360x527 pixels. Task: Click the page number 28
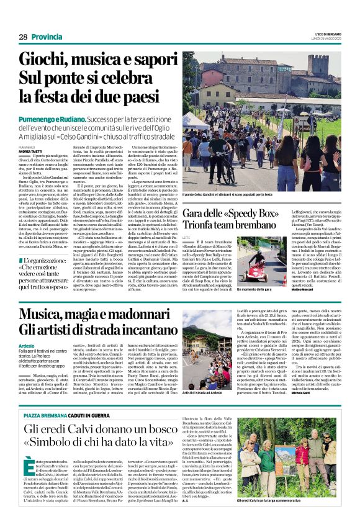point(22,37)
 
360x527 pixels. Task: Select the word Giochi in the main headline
point(45,60)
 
